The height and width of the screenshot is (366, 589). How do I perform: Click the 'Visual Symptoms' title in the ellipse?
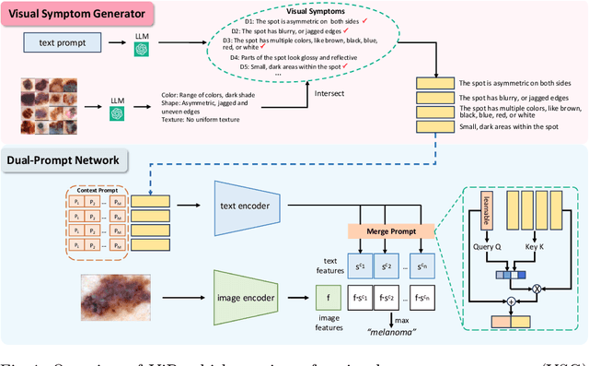312,13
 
